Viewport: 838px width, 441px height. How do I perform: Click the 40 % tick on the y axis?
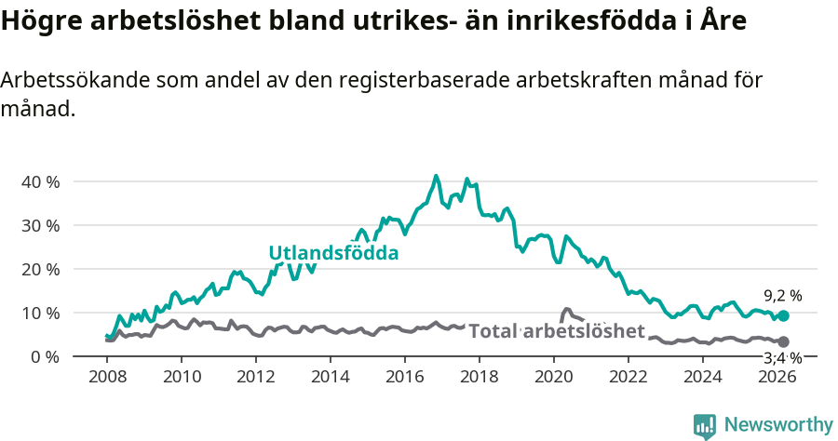pos(40,181)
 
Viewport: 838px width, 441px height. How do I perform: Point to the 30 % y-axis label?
pos(40,225)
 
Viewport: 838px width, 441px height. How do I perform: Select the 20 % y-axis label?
pos(40,269)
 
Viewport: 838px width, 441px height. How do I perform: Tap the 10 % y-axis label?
pos(40,313)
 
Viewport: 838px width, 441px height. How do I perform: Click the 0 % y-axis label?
pos(44,356)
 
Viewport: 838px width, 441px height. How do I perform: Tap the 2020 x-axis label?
pos(554,377)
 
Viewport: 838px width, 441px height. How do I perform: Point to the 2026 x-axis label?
pos(777,377)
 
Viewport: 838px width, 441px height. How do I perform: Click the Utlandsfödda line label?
pos(333,253)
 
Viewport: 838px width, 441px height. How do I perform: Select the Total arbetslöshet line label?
pos(556,331)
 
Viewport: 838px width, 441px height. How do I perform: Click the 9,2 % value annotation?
pos(782,296)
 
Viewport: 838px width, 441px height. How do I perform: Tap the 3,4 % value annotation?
pos(782,357)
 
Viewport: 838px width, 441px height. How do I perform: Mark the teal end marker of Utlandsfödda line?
pos(783,316)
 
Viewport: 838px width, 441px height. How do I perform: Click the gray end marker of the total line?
pos(783,342)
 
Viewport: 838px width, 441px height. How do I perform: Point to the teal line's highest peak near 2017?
pos(436,176)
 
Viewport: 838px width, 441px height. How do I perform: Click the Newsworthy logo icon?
pos(705,426)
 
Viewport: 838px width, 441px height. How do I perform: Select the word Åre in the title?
pos(723,20)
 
